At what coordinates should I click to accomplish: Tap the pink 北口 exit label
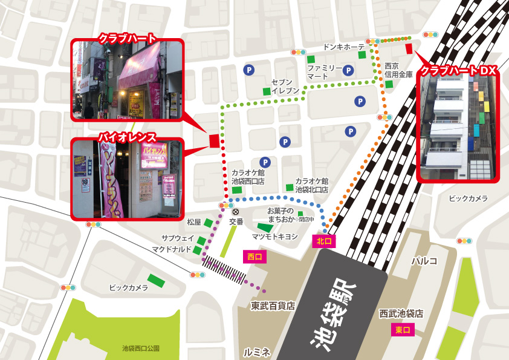(x=323, y=241)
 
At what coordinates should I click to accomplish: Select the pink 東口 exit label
(x=402, y=330)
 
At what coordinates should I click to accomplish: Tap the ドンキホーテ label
(x=344, y=47)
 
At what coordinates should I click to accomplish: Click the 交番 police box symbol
(x=236, y=212)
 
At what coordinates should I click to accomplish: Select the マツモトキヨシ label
(x=275, y=237)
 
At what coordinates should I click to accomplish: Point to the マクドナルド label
(x=172, y=249)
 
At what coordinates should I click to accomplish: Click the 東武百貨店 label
(x=273, y=306)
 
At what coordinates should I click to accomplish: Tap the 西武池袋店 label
(x=401, y=314)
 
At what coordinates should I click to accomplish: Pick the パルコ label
(x=424, y=261)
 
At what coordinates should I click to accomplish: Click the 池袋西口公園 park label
(x=140, y=349)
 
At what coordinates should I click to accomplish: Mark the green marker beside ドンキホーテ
(x=362, y=55)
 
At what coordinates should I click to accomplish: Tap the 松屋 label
(x=193, y=222)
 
